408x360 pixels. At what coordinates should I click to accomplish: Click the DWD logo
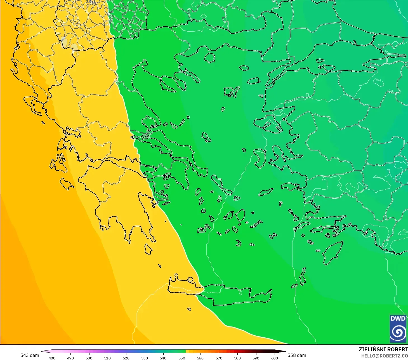(398, 329)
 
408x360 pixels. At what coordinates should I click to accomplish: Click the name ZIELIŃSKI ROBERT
(383, 349)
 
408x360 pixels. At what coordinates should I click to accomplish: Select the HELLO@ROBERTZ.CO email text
(384, 356)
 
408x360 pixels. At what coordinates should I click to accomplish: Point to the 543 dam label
(30, 355)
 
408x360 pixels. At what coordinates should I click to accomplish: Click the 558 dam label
(297, 355)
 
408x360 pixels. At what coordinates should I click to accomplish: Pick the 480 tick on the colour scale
(52, 358)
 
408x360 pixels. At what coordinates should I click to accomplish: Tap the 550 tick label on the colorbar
(182, 358)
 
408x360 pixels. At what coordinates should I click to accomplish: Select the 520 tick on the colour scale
(126, 358)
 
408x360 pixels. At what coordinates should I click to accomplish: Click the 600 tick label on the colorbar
(274, 358)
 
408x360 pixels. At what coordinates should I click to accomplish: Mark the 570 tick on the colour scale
(219, 358)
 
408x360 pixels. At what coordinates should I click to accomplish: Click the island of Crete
(224, 294)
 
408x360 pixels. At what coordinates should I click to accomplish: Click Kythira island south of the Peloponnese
(148, 249)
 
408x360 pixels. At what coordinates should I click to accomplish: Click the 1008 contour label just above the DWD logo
(397, 305)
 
